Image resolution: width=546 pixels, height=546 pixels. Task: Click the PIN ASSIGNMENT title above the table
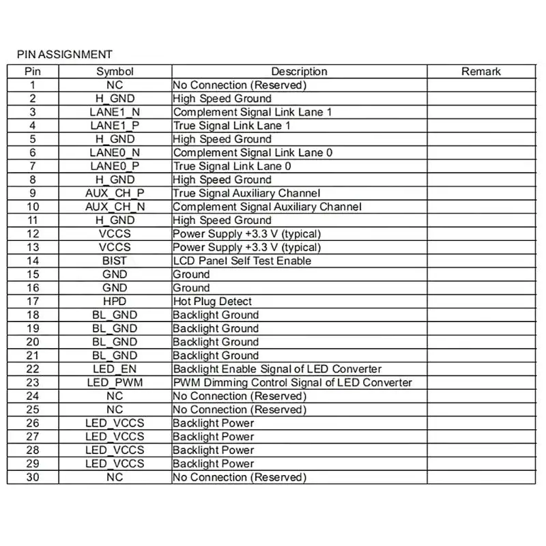(65, 55)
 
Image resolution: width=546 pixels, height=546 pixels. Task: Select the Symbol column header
(115, 71)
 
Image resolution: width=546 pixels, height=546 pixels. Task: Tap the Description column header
(299, 71)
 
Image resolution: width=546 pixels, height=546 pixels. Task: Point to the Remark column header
(480, 71)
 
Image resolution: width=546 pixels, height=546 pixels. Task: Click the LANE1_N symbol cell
(115, 112)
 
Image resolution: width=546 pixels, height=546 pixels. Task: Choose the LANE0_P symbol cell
(115, 166)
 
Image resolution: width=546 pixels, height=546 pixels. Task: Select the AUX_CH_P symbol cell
(115, 193)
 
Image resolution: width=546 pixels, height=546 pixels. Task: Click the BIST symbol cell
(115, 261)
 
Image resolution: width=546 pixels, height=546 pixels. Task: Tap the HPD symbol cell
(115, 301)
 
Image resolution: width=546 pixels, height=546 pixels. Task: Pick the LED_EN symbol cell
(115, 369)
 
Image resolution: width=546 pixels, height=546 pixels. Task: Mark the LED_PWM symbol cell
(115, 382)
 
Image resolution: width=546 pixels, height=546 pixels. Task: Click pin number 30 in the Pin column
(33, 477)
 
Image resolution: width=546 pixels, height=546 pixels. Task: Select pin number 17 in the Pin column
(33, 301)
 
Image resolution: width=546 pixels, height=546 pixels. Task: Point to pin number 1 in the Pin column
(33, 85)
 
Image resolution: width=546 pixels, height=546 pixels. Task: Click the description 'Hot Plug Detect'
(212, 301)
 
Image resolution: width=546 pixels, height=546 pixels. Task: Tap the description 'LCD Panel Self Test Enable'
(242, 261)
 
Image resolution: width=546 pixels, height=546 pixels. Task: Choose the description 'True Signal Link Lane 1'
(232, 126)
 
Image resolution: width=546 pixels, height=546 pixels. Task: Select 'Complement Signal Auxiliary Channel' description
(267, 207)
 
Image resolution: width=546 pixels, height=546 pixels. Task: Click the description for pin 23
(292, 382)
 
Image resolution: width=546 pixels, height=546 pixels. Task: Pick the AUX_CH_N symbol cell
(115, 207)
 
